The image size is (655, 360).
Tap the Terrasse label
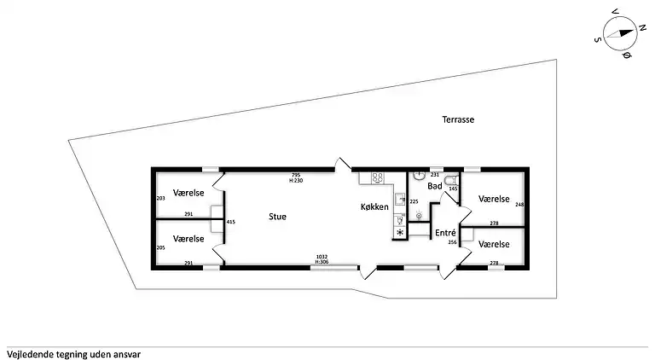pos(457,120)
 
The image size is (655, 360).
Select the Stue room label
pos(277,217)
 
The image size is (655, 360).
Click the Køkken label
pos(374,207)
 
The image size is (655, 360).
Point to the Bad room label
pos(435,185)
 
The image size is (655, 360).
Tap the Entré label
pos(445,233)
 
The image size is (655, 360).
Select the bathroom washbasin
pos(418,175)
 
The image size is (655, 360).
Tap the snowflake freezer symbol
pos(399,232)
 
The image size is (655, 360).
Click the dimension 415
pos(230,222)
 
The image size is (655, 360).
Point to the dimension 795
pos(296,175)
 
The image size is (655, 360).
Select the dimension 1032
pos(322,256)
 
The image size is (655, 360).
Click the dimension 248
pos(519,205)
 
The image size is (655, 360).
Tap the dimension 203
pos(160,199)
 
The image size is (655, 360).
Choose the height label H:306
pos(322,262)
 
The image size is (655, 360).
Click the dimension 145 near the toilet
pos(454,189)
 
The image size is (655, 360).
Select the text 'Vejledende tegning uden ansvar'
pos(73,353)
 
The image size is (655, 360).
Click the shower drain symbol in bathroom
pos(418,216)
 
